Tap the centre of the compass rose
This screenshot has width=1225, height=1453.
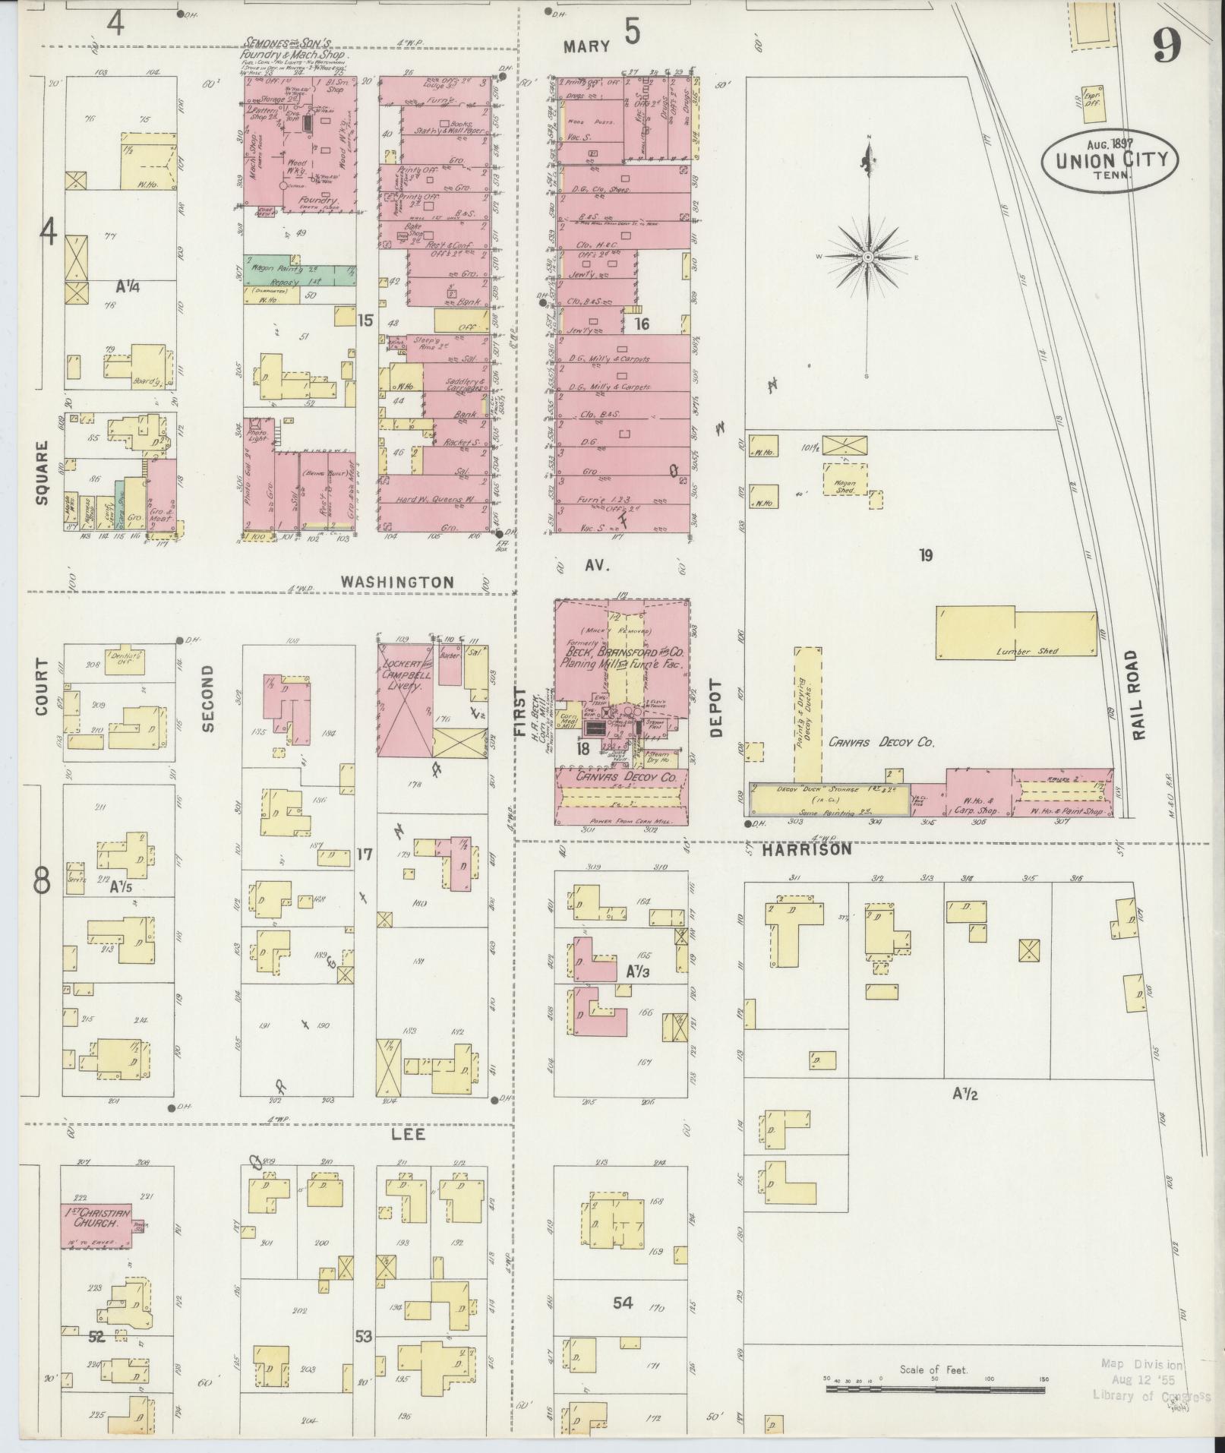coord(867,257)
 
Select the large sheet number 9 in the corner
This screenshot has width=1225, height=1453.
coord(1167,47)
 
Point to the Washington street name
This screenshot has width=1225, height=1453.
coord(397,582)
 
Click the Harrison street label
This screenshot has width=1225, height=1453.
coord(807,850)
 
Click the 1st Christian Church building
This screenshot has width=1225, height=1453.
coord(96,1224)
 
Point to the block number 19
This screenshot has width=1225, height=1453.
coord(925,555)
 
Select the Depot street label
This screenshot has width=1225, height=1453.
coord(716,715)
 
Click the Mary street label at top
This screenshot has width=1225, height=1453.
coord(586,47)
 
